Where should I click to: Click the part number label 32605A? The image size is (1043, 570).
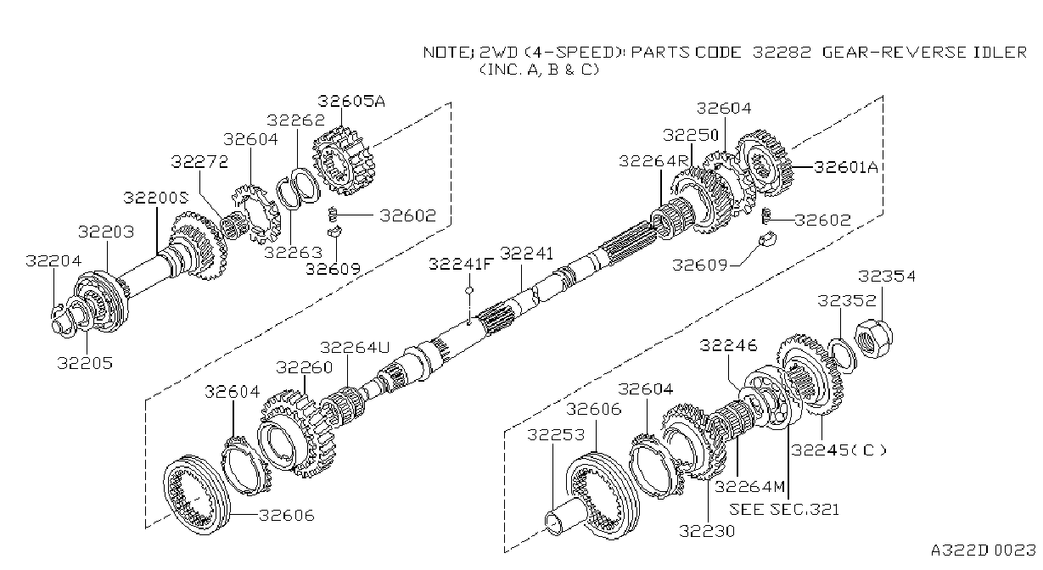351,101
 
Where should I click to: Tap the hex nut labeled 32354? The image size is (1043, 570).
874,338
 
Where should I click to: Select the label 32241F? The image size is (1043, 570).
461,264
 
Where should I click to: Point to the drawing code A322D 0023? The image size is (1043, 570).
984,550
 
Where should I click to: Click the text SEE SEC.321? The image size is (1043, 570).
784,510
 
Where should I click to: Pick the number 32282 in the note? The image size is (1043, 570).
782,52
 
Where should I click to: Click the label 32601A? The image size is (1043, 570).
846,166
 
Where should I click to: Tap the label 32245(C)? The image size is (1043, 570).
838,450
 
